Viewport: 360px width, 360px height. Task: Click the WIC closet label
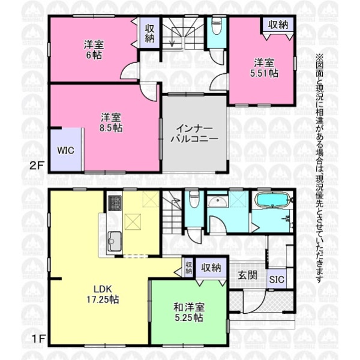[65, 151]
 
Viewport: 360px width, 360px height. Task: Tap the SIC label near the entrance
[277, 280]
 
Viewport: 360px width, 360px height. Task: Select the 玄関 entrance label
[247, 275]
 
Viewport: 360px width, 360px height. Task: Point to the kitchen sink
[115, 241]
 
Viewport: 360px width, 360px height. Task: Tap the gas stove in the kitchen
[115, 203]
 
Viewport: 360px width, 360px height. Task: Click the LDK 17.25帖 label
[103, 294]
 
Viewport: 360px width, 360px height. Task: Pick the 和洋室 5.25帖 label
[189, 312]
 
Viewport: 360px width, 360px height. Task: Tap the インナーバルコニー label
[194, 134]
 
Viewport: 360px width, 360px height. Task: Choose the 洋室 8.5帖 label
[111, 122]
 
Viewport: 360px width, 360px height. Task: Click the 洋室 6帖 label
[94, 50]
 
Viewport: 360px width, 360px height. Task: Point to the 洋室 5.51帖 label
[264, 68]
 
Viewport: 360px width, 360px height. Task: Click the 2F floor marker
[37, 166]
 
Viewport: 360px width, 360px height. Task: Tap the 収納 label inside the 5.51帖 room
[278, 25]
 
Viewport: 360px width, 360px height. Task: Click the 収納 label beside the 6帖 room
[149, 34]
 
